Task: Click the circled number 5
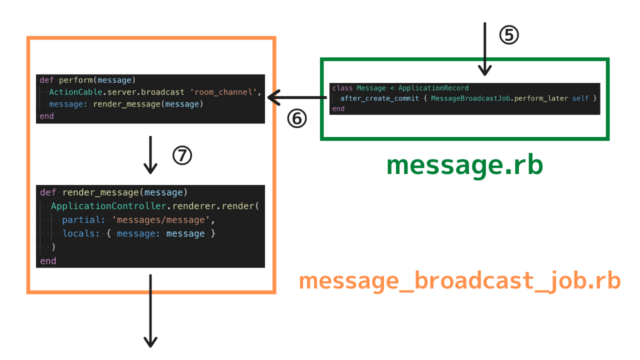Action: click(509, 35)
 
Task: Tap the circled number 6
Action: click(296, 117)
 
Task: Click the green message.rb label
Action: click(464, 166)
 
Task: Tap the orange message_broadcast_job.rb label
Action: click(460, 283)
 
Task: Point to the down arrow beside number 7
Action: click(151, 154)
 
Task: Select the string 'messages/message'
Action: click(159, 220)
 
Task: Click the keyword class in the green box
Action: click(342, 88)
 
